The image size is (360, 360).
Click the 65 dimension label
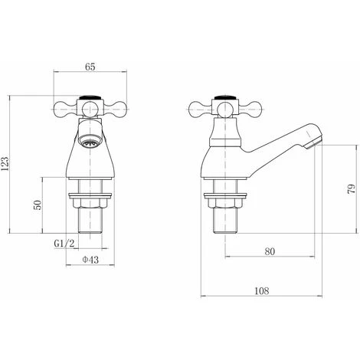pos(90,67)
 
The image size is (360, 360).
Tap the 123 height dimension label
pos(5,164)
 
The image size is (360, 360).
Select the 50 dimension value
pos(38,205)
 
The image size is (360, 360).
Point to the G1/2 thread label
pos(64,244)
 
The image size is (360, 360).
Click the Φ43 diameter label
pos(90,260)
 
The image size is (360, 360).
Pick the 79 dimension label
pos(352,189)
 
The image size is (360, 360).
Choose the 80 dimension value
pos(270,251)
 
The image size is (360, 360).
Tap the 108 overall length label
pos(262,291)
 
